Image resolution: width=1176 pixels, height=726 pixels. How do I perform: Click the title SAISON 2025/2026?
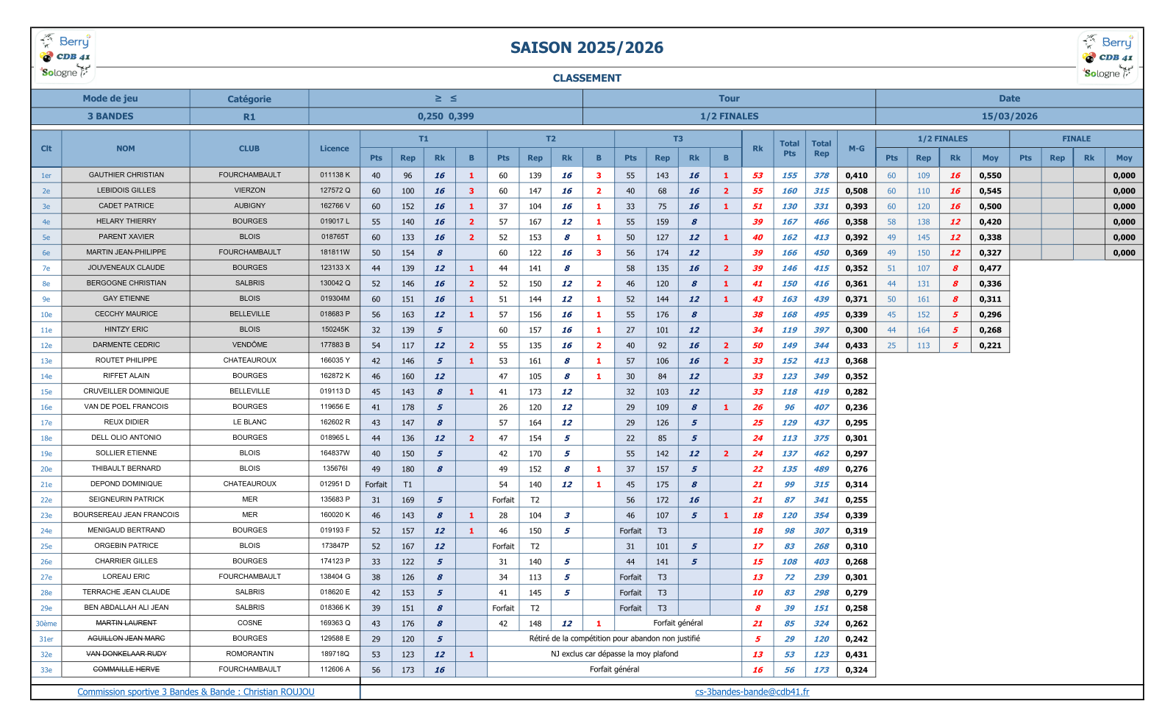pyautogui.click(x=586, y=48)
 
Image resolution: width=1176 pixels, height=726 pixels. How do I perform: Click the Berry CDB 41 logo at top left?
pyautogui.click(x=65, y=56)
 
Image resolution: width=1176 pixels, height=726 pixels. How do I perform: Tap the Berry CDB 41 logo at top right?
pyautogui.click(x=1108, y=57)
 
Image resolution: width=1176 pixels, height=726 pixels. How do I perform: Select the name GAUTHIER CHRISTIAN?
pyautogui.click(x=126, y=175)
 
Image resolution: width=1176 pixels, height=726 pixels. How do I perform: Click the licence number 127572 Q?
pyautogui.click(x=335, y=191)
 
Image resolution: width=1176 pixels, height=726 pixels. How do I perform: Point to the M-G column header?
pyautogui.click(x=856, y=149)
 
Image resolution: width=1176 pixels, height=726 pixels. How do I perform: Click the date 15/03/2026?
pyautogui.click(x=1009, y=116)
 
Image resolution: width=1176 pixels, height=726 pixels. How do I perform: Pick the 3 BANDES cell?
pyautogui.click(x=110, y=116)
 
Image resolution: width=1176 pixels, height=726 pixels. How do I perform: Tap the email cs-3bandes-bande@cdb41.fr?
pyautogui.click(x=752, y=692)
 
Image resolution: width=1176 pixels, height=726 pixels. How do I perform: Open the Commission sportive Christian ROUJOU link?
pyautogui.click(x=196, y=692)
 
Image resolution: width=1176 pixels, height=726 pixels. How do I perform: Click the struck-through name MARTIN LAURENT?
pyautogui.click(x=126, y=623)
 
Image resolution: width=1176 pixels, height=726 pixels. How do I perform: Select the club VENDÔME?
pyautogui.click(x=249, y=345)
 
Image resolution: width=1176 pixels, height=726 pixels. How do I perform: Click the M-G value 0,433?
pyautogui.click(x=856, y=345)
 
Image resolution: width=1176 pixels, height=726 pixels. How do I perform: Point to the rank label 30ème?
pyautogui.click(x=46, y=624)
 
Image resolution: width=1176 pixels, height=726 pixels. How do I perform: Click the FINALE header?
pyautogui.click(x=1076, y=138)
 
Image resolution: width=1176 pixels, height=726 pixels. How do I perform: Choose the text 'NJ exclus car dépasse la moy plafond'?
pyautogui.click(x=614, y=654)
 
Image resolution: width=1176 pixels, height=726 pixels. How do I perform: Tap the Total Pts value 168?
pyautogui.click(x=789, y=315)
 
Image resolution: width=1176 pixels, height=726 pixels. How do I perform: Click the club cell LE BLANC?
pyautogui.click(x=249, y=422)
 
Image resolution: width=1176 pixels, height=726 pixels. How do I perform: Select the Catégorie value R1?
pyautogui.click(x=249, y=117)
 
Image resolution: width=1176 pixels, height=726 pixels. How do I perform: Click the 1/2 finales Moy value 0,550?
pyautogui.click(x=990, y=176)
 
